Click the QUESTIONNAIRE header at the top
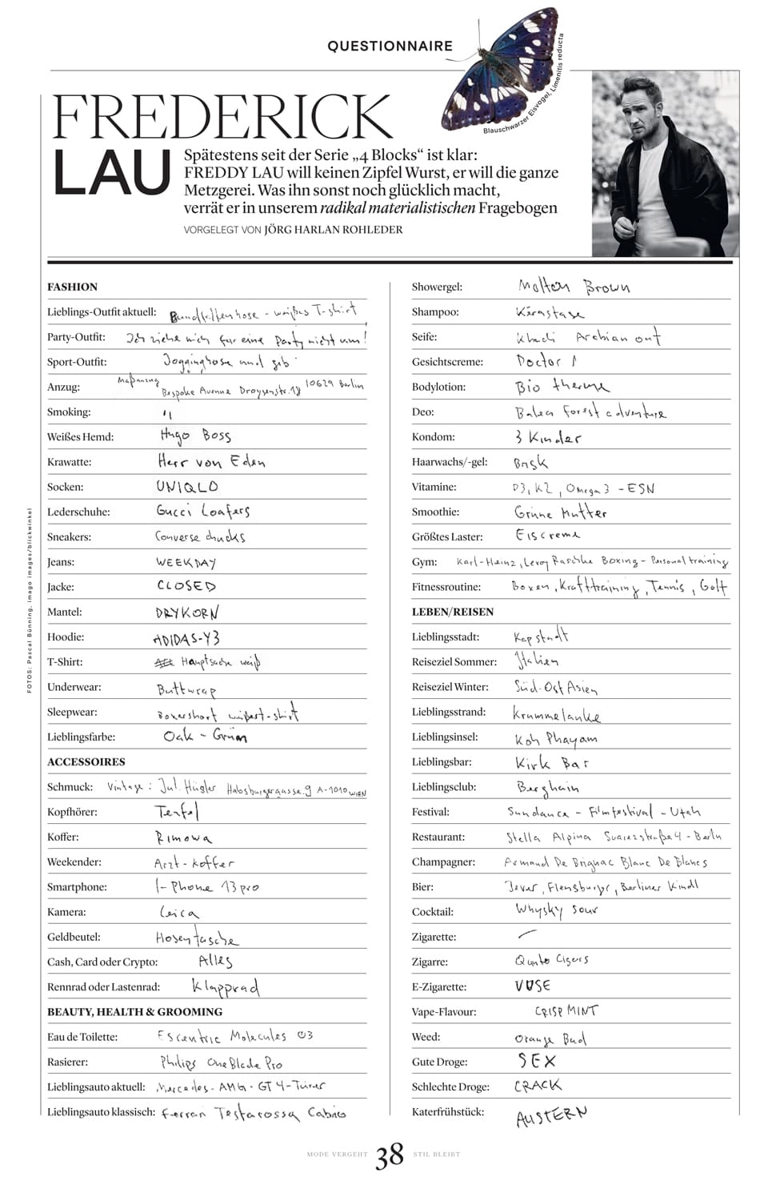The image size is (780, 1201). pos(390,46)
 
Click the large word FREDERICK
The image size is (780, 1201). pos(222,117)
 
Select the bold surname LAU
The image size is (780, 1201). pos(112,173)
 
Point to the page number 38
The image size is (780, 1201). pos(390,1155)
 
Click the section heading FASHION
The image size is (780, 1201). pos(72,287)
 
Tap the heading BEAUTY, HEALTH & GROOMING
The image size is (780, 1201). pos(134,1011)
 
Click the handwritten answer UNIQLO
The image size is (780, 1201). pos(187,486)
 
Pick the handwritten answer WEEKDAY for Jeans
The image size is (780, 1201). pos(186,562)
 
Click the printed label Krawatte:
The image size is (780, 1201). pos(69,462)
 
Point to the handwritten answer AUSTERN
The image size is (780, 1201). pos(550,1115)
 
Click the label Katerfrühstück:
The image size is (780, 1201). pos(447,1111)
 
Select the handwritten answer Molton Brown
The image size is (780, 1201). pos(573,286)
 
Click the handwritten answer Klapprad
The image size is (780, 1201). pos(226,986)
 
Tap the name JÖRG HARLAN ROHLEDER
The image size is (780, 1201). pos(333,230)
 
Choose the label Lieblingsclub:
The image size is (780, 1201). pos(444,786)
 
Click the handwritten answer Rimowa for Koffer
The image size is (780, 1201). pos(183,837)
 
